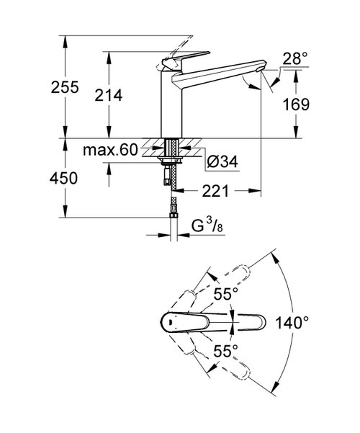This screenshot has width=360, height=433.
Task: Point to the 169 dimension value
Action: [x=295, y=104]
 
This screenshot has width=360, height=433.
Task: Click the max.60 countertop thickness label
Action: [x=108, y=151]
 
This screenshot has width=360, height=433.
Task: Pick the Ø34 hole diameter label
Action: [x=218, y=163]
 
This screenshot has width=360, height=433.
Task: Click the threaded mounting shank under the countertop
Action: [x=171, y=152]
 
